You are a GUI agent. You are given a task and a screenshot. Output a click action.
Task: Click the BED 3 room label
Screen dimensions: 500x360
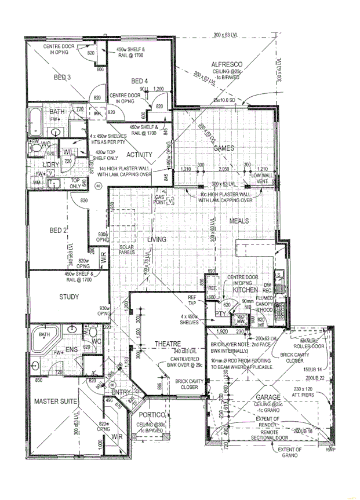pos(62,78)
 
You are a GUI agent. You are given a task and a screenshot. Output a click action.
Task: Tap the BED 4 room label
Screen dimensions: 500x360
pos(140,81)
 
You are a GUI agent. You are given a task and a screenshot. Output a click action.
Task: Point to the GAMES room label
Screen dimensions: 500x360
pos(224,148)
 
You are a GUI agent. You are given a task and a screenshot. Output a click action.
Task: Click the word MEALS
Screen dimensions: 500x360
pos(239,221)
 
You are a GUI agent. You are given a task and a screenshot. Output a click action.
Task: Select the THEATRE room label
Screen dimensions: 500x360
pos(168,344)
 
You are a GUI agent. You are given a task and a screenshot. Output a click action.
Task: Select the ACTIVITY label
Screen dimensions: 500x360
pos(139,155)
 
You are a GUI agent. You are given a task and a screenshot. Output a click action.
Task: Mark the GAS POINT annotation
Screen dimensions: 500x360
pos(161,200)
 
